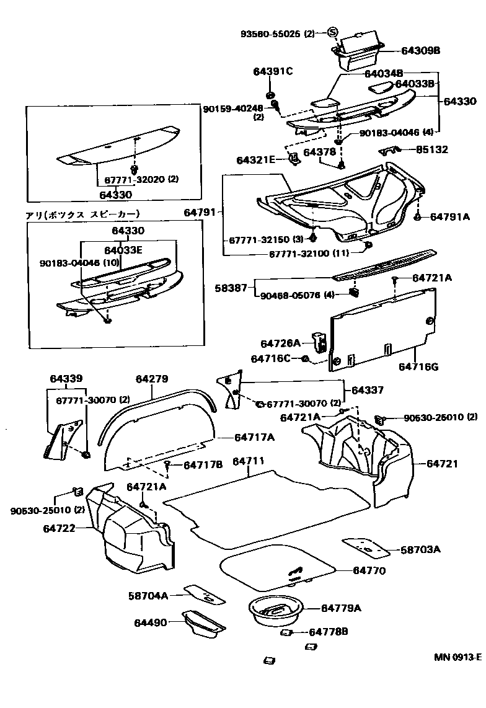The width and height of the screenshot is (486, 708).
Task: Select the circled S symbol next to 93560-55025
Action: pyautogui.click(x=333, y=33)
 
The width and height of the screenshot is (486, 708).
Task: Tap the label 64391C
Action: pyautogui.click(x=272, y=71)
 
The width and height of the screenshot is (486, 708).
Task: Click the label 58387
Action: pyautogui.click(x=232, y=288)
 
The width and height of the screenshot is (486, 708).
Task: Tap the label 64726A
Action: pyautogui.click(x=280, y=343)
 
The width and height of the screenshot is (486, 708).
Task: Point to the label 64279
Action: pyautogui.click(x=152, y=378)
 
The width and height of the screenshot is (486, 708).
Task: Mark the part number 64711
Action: pyautogui.click(x=249, y=461)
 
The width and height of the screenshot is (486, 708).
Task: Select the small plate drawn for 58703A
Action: pyautogui.click(x=366, y=546)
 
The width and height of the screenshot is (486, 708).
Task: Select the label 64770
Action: pyautogui.click(x=369, y=570)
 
